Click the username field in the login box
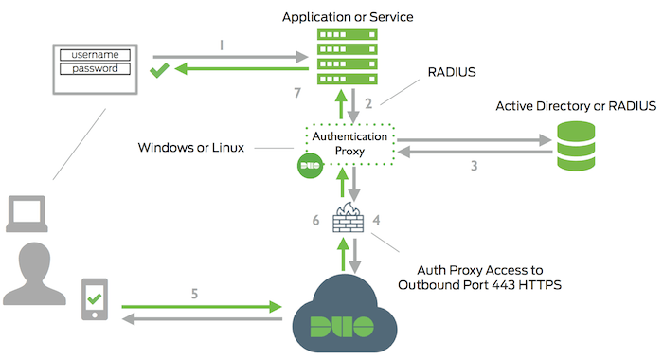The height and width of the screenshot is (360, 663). click(95, 55)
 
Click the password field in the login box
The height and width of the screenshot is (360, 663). click(95, 68)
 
